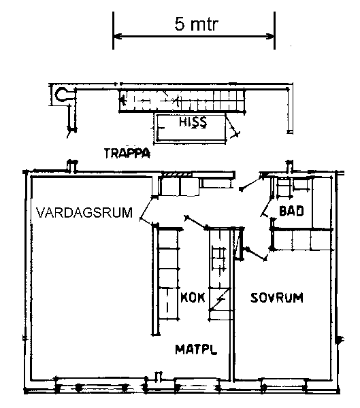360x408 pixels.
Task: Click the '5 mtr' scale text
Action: click(196, 24)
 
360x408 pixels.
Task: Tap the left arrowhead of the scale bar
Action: click(117, 36)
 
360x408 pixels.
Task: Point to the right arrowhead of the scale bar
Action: click(270, 36)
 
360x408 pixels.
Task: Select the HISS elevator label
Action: click(193, 122)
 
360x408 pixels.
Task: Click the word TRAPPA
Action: click(127, 153)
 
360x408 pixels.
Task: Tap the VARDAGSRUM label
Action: click(84, 212)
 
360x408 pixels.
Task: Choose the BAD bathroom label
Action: click(291, 211)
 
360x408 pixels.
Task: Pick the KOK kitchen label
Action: click(193, 297)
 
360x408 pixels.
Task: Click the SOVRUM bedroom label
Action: click(277, 297)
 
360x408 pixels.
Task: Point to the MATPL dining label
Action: click(196, 350)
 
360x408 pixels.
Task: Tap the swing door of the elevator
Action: click(232, 126)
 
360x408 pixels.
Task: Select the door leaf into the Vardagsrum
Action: click(148, 208)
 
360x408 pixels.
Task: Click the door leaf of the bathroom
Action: click(267, 207)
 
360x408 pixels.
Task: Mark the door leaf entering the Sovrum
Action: click(256, 254)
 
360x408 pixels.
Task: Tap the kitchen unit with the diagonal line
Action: click(220, 299)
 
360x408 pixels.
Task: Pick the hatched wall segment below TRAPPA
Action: click(177, 174)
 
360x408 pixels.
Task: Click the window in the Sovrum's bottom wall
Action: click(283, 386)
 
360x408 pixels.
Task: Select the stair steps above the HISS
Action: click(182, 100)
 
